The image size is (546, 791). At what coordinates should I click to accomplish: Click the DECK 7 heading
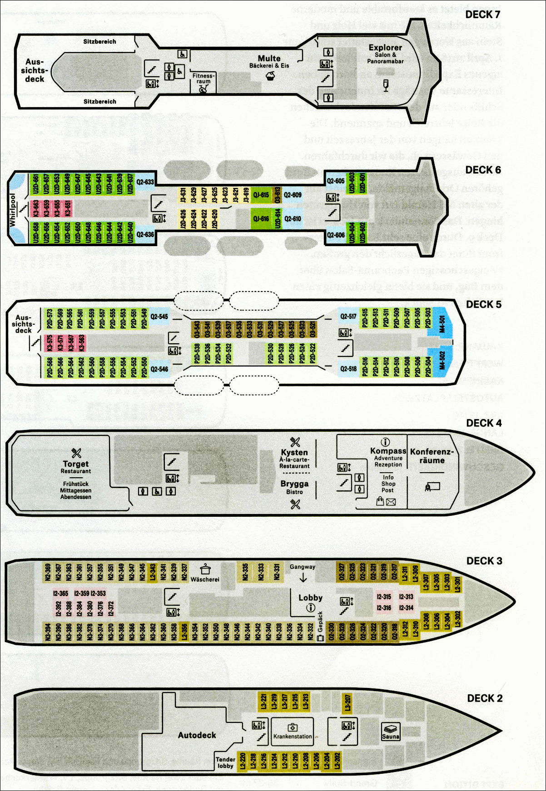[x=482, y=15]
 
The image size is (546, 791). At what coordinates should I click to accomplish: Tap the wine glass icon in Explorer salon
[x=386, y=85]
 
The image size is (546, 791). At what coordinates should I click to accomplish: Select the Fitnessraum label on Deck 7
[x=203, y=79]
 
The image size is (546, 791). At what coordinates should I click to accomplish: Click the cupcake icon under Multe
[x=270, y=76]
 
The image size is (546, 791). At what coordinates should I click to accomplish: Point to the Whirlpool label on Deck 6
[x=13, y=210]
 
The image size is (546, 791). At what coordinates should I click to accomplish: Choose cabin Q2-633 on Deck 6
[x=145, y=182]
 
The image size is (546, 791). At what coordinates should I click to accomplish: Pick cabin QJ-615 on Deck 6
[x=261, y=195]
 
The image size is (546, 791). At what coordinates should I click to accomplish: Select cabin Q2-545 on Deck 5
[x=159, y=316]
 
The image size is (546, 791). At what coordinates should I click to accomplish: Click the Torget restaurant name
[x=76, y=464]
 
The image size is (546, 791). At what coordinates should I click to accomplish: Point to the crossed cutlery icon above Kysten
[x=295, y=442]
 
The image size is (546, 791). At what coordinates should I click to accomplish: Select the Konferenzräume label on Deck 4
[x=432, y=456]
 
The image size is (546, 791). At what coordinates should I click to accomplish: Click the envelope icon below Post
[x=391, y=502]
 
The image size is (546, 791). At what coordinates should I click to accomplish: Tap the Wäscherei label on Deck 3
[x=205, y=579]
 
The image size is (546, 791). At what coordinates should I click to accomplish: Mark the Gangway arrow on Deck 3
[x=303, y=578]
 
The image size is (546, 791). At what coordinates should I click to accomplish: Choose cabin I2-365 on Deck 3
[x=60, y=593]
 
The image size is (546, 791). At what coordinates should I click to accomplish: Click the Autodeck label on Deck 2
[x=197, y=735]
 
